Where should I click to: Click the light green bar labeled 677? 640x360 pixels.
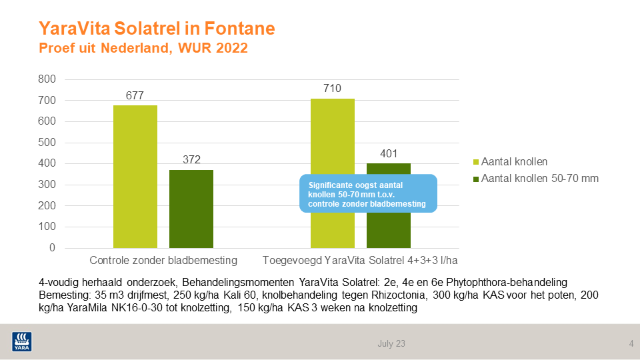coord(135,177)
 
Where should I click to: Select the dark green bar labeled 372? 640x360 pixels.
coord(191,209)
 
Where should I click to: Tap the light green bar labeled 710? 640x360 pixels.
coord(333,137)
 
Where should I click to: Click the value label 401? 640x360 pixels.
coord(389,154)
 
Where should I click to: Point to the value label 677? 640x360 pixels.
coord(135,95)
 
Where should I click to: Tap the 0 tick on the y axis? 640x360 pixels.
coord(52,248)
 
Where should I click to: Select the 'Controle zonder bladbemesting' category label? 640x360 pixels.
coord(163,259)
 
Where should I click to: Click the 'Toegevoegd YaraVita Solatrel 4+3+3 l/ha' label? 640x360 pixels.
coord(361,259)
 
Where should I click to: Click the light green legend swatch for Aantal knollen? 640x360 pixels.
coord(475,161)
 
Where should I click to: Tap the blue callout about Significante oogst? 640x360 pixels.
coord(368,193)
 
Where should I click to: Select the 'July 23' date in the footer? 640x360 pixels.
coord(391,344)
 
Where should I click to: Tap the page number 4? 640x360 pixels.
coord(631,344)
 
